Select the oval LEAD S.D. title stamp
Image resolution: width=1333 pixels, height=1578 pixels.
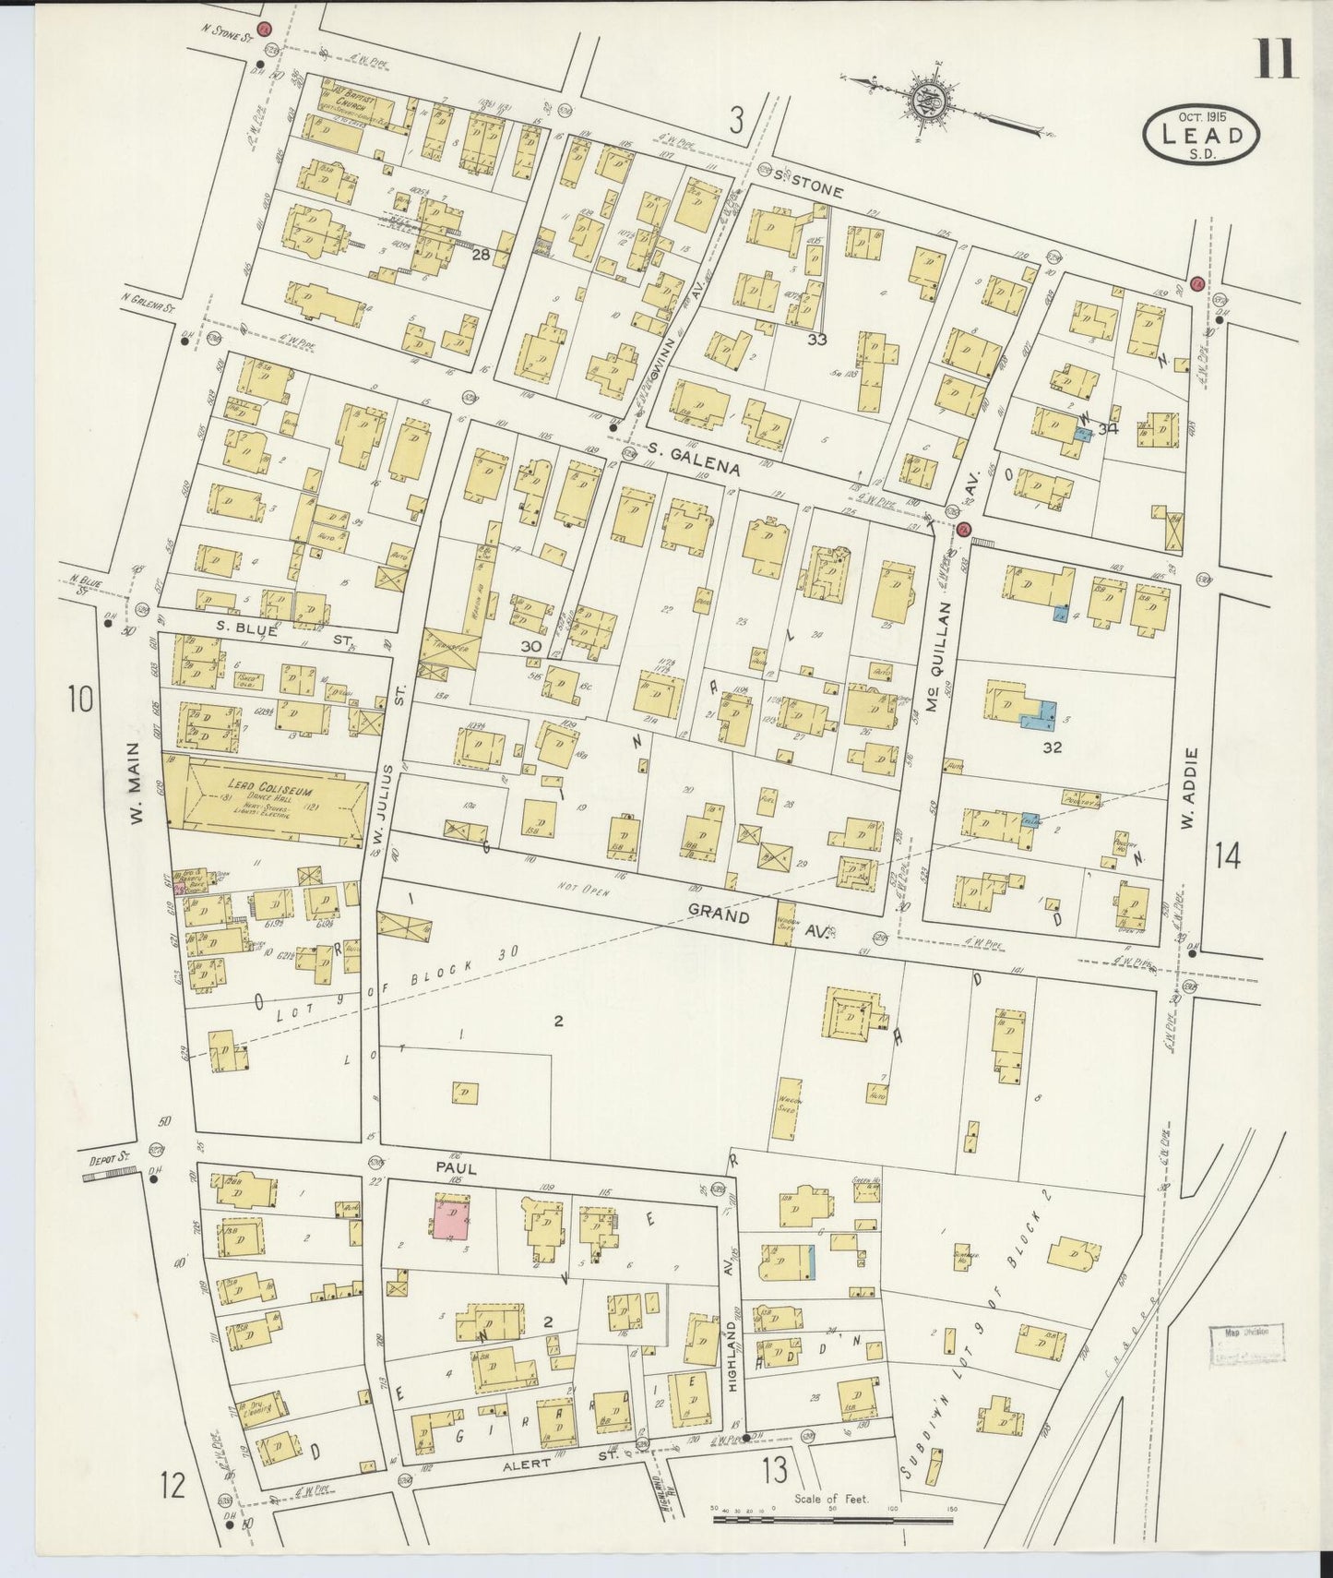1204,136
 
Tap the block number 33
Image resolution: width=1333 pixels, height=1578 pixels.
815,339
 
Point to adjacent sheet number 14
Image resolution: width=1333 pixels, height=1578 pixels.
1226,857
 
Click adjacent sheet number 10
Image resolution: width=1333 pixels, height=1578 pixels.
79,699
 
